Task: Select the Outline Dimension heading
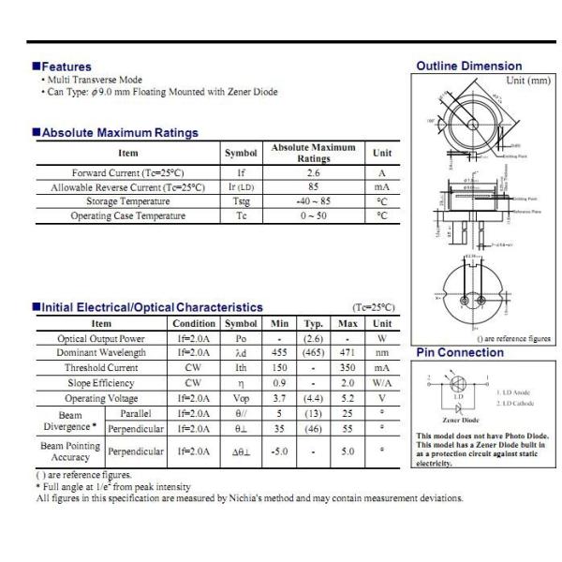click(x=468, y=66)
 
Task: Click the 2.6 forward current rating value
click(x=314, y=172)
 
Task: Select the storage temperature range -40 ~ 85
click(x=314, y=201)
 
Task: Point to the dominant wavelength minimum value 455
click(x=279, y=353)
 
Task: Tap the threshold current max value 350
click(x=348, y=368)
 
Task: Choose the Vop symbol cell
click(x=241, y=398)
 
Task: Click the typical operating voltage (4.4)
click(x=314, y=398)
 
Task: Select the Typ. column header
click(x=314, y=323)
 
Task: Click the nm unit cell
click(x=380, y=353)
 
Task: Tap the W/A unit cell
click(x=380, y=383)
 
